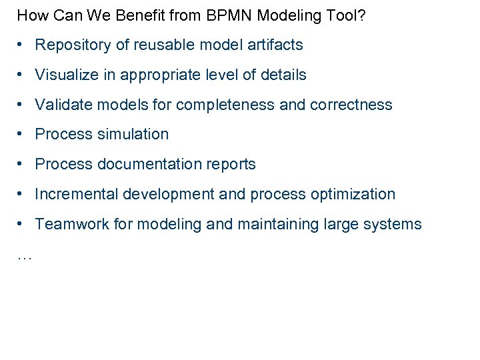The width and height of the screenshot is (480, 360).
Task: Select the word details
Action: coord(283,75)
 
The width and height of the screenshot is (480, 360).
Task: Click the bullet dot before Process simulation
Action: coord(22,134)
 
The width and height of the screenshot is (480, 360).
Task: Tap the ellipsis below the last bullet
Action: coord(23,257)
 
